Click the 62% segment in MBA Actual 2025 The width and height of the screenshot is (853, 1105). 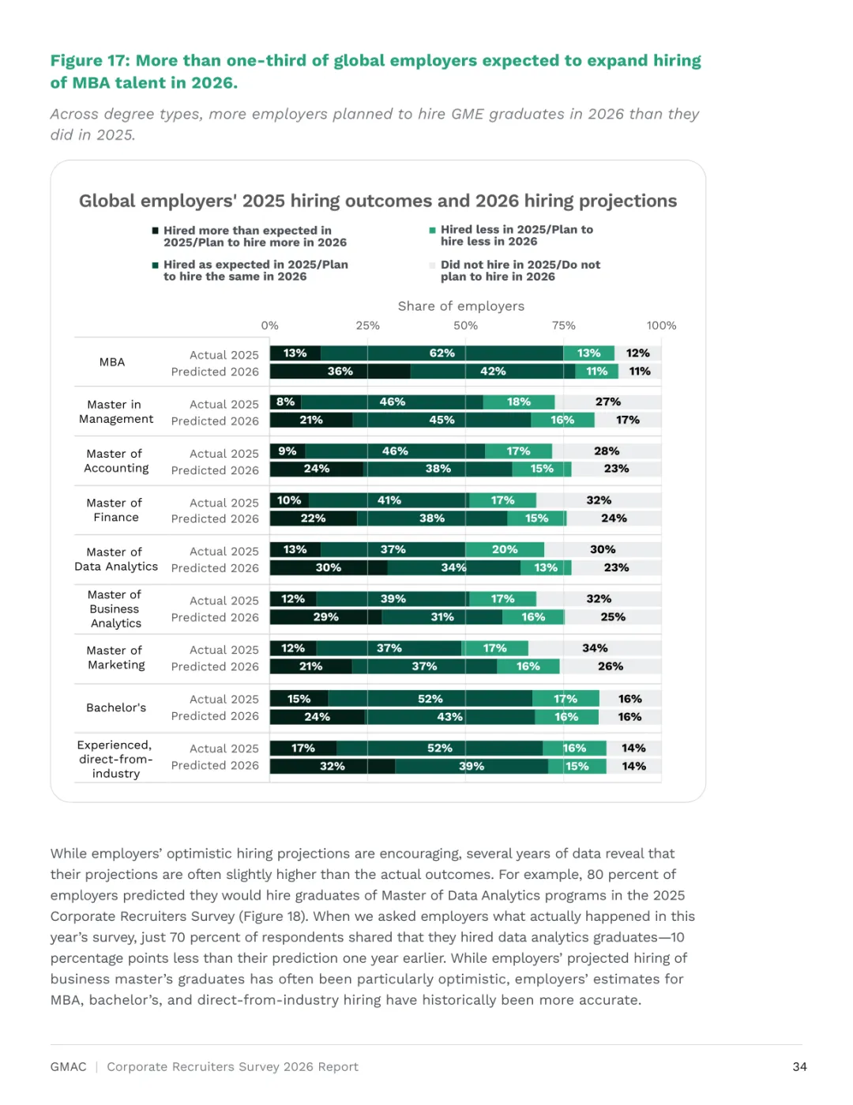[442, 353]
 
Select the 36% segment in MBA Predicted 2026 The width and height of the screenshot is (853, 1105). [340, 371]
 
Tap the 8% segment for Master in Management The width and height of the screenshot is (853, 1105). [286, 402]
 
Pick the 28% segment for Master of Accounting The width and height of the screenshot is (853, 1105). [607, 451]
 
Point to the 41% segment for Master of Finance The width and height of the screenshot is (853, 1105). [389, 500]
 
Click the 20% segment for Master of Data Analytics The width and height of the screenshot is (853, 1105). [505, 549]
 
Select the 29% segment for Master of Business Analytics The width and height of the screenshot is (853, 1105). [325, 617]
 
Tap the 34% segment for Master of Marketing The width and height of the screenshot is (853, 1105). [595, 648]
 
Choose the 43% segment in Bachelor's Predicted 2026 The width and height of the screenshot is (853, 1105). [449, 717]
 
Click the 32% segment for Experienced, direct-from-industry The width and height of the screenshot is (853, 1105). [333, 767]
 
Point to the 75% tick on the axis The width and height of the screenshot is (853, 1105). [563, 326]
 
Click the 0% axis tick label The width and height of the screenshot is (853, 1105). [270, 326]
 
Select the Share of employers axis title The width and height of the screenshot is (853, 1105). [460, 306]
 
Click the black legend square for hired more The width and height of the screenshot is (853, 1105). [156, 230]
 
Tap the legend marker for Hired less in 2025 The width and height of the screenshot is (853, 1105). [432, 230]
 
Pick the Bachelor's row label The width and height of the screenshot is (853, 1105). [116, 707]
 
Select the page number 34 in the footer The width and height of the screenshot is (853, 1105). [799, 1067]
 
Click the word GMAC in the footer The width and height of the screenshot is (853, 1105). [68, 1067]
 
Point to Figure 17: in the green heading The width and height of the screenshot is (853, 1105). [90, 61]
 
